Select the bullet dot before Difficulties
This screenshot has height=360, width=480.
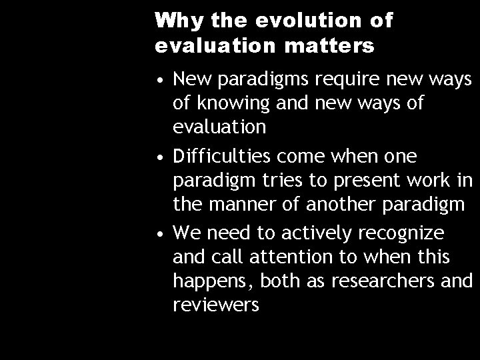[x=163, y=157]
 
